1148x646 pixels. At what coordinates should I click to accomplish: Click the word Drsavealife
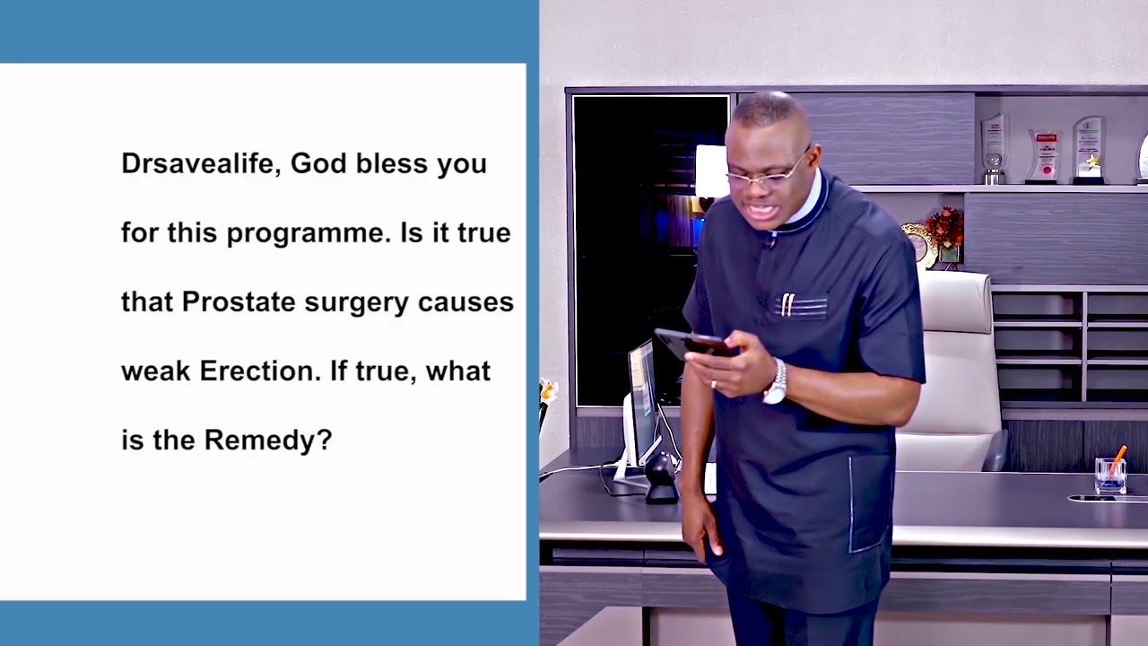201,164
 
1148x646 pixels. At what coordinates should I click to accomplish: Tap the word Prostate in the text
239,302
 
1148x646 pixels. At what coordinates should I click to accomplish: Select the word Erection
260,371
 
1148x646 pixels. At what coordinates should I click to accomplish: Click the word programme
306,234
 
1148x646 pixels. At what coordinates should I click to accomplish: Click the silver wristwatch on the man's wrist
775,383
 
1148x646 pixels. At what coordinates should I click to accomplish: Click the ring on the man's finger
713,383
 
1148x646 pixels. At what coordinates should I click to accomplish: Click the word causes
465,302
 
